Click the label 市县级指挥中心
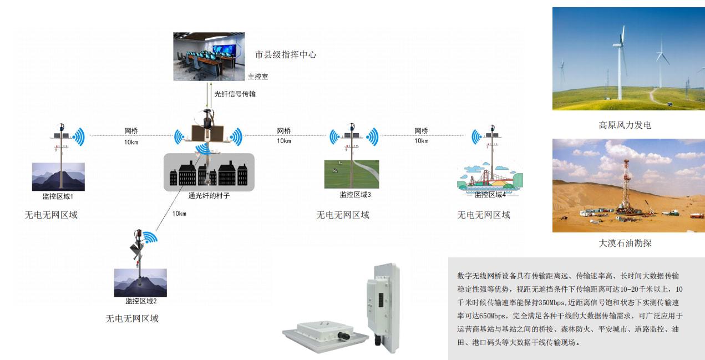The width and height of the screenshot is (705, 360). (x=285, y=54)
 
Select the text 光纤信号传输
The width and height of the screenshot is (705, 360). (x=235, y=94)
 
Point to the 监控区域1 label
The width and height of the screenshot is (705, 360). (x=58, y=196)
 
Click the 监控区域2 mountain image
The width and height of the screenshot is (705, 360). (x=140, y=282)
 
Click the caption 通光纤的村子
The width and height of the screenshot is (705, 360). (x=209, y=195)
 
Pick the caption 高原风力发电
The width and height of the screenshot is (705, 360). (x=625, y=125)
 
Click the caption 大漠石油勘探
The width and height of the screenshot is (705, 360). (x=625, y=243)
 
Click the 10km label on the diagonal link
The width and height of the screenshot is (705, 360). (x=179, y=214)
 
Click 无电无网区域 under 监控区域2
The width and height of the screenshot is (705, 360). (x=132, y=319)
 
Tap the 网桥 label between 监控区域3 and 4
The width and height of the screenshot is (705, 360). (x=421, y=131)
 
